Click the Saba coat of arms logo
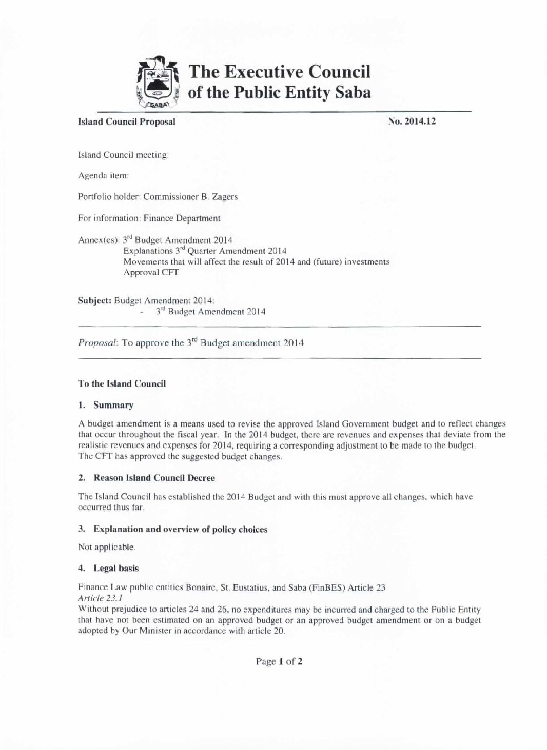(x=157, y=83)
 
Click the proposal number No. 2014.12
(x=412, y=121)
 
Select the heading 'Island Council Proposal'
(x=126, y=121)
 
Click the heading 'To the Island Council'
(x=122, y=383)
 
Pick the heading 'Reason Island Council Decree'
(x=154, y=478)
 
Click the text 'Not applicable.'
(x=107, y=547)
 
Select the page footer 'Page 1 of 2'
(x=279, y=661)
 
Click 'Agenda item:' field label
(x=103, y=176)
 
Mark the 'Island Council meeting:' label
(x=123, y=155)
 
